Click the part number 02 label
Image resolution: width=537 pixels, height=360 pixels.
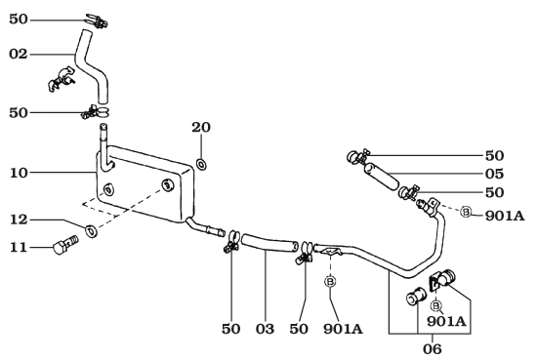[19, 55]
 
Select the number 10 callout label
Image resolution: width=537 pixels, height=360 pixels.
[19, 174]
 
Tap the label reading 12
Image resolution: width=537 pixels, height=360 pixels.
[19, 220]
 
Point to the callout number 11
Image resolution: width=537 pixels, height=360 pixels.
[19, 249]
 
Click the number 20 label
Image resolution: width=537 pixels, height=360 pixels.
[201, 128]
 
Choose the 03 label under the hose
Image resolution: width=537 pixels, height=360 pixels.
[265, 329]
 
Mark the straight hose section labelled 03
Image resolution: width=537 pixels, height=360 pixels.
[269, 245]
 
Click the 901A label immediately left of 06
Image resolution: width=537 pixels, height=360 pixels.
[344, 329]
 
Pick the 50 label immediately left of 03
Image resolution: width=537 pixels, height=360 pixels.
[230, 329]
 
